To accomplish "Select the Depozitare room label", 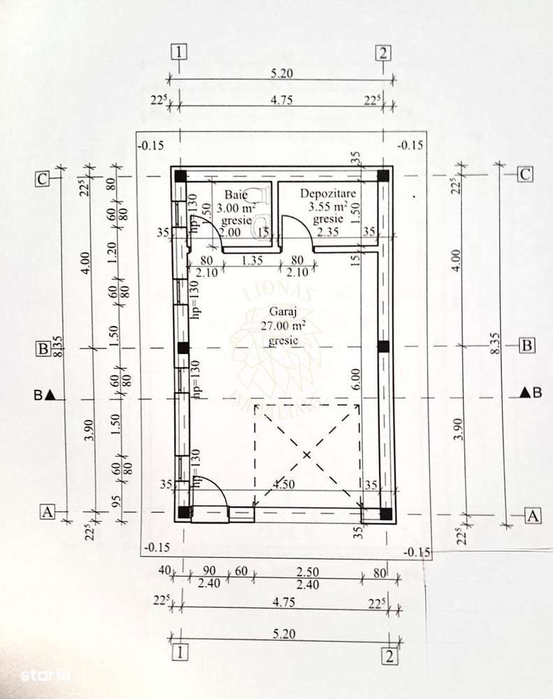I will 328,192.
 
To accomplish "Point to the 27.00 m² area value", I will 280,326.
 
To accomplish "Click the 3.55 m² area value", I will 328,206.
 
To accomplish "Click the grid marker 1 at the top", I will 180,52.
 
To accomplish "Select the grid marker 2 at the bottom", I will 389,656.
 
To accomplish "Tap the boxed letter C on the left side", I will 43,178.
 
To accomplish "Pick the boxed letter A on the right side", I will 533,516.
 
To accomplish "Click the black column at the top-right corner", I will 383,176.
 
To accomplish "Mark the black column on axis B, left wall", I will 182,347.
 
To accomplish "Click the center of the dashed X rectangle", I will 306,454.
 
